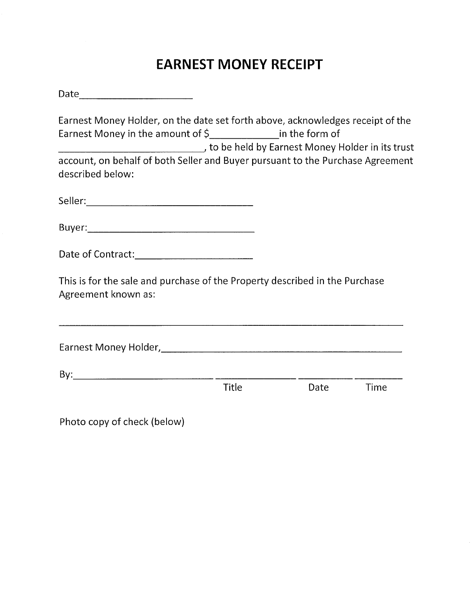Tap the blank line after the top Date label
click(x=136, y=98)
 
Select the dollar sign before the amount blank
click(x=206, y=134)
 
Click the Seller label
click(x=72, y=201)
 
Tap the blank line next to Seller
click(x=170, y=205)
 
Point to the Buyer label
click(x=73, y=228)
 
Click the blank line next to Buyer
click(x=171, y=231)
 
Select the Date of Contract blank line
click(x=194, y=258)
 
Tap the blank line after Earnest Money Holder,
click(x=281, y=351)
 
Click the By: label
click(x=66, y=375)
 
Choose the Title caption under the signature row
click(x=233, y=388)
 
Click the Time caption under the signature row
click(x=376, y=388)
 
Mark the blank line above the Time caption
click(x=378, y=378)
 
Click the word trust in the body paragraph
click(x=404, y=148)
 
